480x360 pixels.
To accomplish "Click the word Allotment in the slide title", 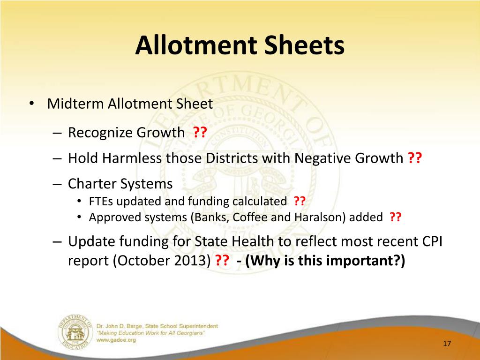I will (194, 46).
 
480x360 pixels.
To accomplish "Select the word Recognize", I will (100, 133).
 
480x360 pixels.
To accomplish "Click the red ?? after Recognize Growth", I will (200, 133).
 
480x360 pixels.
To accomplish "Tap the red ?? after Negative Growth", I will (415, 158).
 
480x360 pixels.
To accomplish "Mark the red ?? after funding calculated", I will (300, 202).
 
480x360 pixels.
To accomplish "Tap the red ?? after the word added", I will (395, 217).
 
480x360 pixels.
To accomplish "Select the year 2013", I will (193, 261).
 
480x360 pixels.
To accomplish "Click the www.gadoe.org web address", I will (115, 340).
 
